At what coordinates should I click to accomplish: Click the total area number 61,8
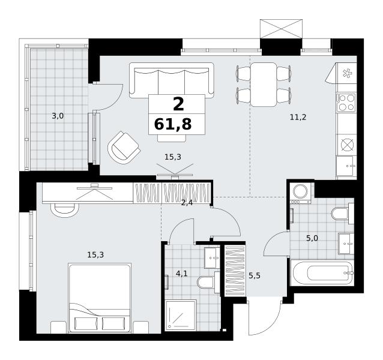tap(173, 124)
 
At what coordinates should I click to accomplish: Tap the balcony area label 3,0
tap(58, 116)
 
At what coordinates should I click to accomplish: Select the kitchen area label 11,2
tap(298, 118)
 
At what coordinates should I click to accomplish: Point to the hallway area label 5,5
tap(255, 276)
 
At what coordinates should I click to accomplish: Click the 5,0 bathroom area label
tap(312, 238)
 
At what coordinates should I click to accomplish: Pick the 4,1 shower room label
tap(182, 274)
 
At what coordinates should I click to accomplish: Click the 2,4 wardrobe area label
tap(187, 203)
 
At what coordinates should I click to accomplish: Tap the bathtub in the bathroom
tap(322, 273)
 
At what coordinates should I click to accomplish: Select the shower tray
tap(181, 315)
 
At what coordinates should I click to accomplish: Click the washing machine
tap(300, 193)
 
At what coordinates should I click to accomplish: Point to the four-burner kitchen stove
tap(346, 102)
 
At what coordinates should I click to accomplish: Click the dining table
tap(264, 85)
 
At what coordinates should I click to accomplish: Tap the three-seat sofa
tap(172, 80)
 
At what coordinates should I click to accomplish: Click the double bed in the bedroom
tap(100, 298)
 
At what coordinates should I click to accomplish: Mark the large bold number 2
tap(178, 104)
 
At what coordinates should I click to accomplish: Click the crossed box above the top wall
tap(281, 29)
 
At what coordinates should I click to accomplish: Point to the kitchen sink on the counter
tap(346, 166)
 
